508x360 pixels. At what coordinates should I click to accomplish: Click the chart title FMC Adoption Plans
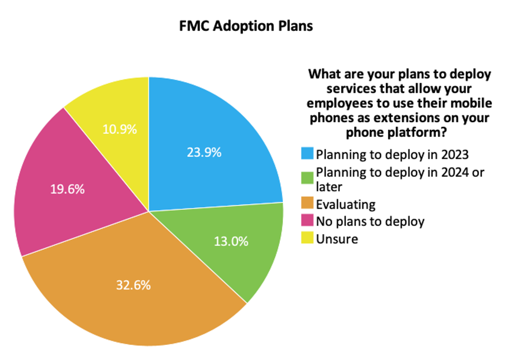click(246, 26)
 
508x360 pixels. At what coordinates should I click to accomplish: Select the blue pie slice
click(207, 146)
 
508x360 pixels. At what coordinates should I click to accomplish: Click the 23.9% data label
click(204, 152)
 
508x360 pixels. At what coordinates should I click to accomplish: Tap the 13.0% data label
click(231, 241)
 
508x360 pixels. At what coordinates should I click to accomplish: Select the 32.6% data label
click(133, 285)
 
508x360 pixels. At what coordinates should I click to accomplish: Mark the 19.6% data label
click(67, 189)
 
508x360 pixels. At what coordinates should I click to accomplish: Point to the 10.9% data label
click(119, 129)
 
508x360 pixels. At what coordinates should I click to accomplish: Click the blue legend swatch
click(307, 153)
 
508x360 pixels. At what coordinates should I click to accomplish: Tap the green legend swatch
click(307, 178)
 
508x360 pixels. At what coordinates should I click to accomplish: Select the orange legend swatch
click(307, 203)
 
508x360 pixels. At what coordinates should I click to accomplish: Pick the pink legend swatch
click(307, 220)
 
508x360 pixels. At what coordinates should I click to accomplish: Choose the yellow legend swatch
click(307, 238)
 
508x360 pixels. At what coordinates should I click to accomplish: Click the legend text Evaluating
click(346, 204)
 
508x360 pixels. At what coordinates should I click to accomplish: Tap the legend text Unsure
click(337, 239)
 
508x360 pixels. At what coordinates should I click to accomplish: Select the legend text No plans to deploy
click(370, 222)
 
